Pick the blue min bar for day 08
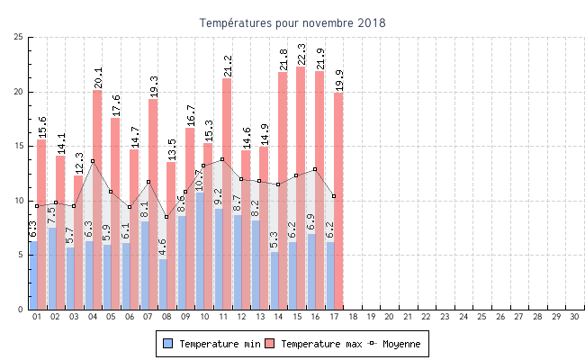point(163,283)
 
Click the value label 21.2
point(227,66)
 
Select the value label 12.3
point(79,163)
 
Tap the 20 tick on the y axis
point(18,92)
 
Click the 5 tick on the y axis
point(21,255)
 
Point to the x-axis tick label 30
point(574,317)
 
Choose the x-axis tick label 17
point(333,317)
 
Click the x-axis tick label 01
point(37,317)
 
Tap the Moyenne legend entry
point(393,344)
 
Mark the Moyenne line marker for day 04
point(93,161)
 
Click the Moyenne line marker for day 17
point(334,196)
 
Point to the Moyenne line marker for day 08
point(166,217)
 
